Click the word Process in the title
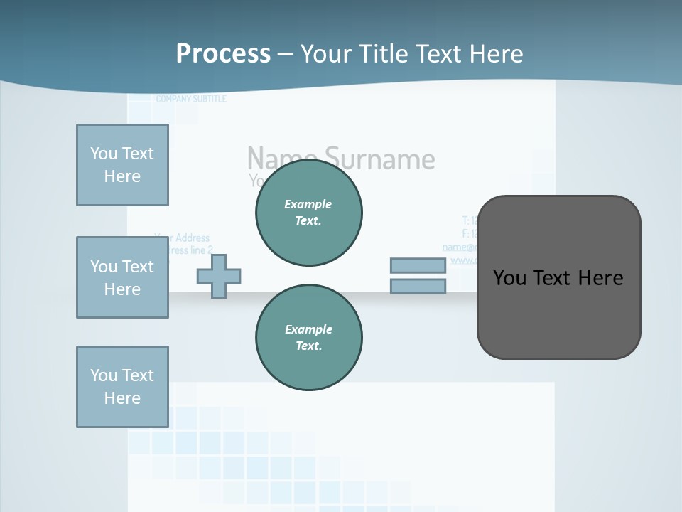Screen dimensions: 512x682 coord(223,53)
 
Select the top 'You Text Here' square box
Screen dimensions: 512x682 coord(122,165)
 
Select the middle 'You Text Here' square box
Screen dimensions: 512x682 coord(122,277)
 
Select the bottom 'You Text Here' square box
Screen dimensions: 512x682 coord(122,387)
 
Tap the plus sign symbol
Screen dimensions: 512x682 coord(218,276)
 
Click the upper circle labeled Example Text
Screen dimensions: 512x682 coord(308,213)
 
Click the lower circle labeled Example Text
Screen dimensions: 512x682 coord(308,338)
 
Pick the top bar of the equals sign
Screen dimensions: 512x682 coord(418,265)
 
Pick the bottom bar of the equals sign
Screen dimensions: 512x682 coord(418,287)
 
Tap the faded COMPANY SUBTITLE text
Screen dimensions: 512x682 coord(191,99)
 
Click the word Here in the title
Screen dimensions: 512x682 coord(496,53)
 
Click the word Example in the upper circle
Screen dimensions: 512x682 coord(308,204)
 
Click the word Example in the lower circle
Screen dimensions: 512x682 coord(308,329)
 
